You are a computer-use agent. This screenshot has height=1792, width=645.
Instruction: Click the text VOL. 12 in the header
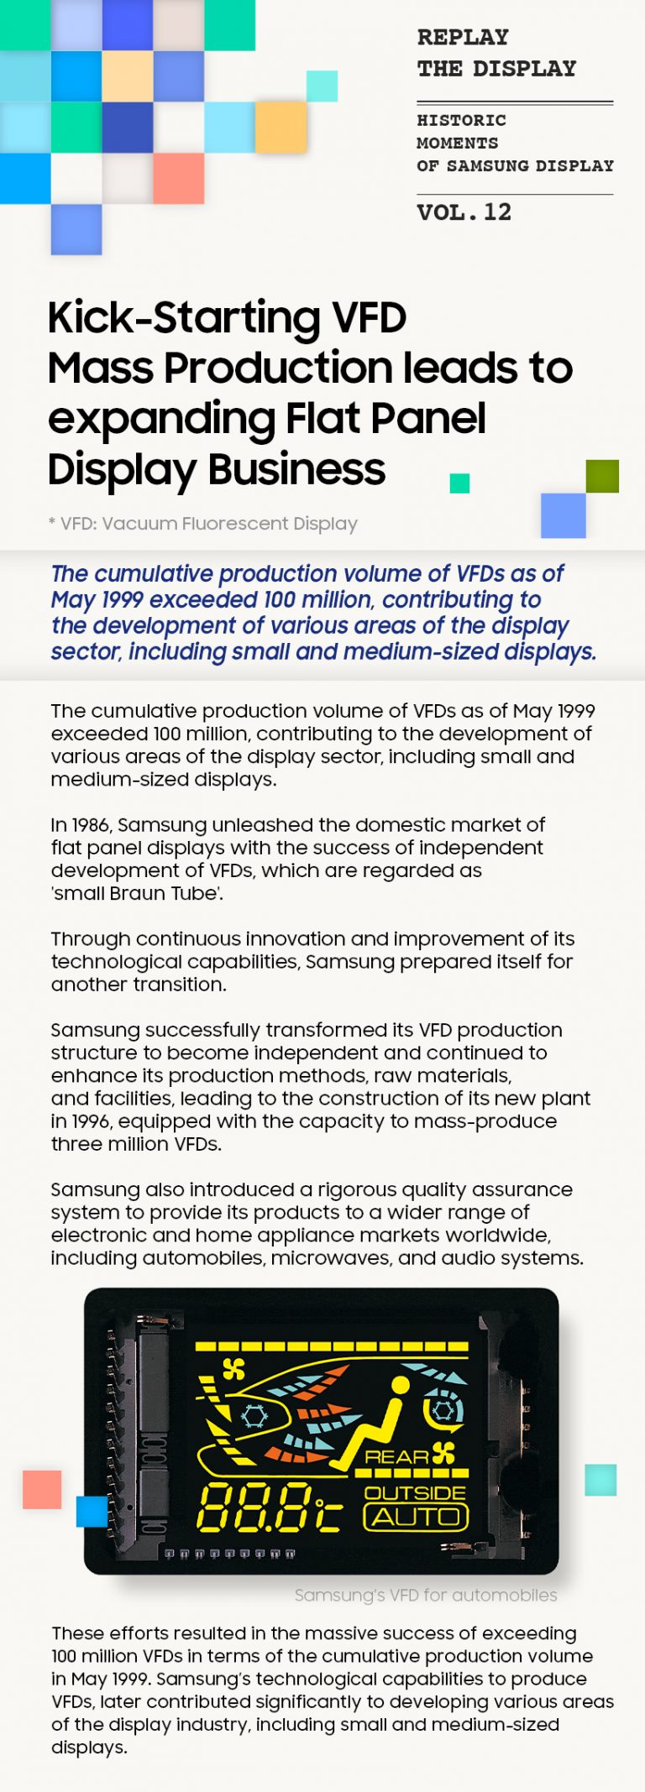464,212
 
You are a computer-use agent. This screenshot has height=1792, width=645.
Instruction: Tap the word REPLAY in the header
463,38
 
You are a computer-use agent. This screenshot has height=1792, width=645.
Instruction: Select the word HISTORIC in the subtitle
461,120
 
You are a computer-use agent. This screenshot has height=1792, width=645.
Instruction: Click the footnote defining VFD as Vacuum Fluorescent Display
203,524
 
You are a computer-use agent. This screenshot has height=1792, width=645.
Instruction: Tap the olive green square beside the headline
602,476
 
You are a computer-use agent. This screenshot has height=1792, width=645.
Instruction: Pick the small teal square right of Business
459,483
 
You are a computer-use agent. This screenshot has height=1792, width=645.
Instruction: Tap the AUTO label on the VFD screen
416,1518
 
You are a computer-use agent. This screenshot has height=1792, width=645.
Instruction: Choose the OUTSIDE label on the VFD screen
415,1493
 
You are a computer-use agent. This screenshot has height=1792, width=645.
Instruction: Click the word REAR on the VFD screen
396,1457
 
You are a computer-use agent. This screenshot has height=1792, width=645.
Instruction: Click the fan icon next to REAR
443,1453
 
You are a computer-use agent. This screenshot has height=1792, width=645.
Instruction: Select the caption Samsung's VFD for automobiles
425,1595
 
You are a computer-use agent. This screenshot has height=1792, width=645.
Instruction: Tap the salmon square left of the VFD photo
42,1490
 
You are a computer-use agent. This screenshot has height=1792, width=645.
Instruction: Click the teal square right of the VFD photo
600,1480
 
